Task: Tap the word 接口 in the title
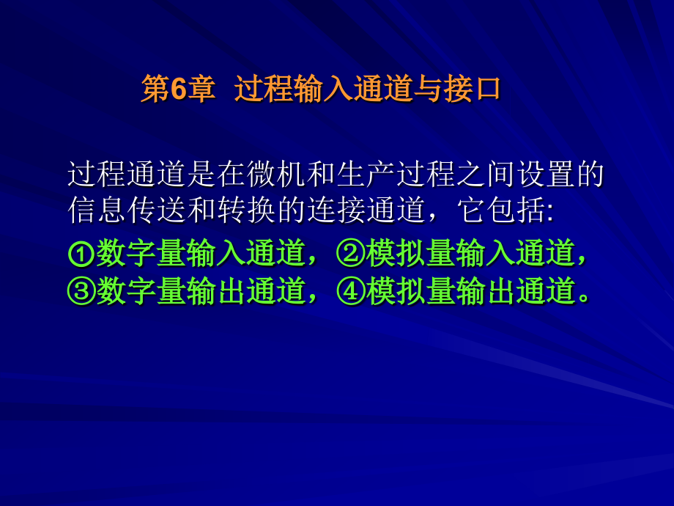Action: click(472, 90)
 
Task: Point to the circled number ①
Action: click(81, 254)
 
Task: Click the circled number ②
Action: click(351, 254)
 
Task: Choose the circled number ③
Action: click(81, 292)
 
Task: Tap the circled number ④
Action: click(351, 292)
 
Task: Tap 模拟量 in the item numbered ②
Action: click(410, 254)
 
